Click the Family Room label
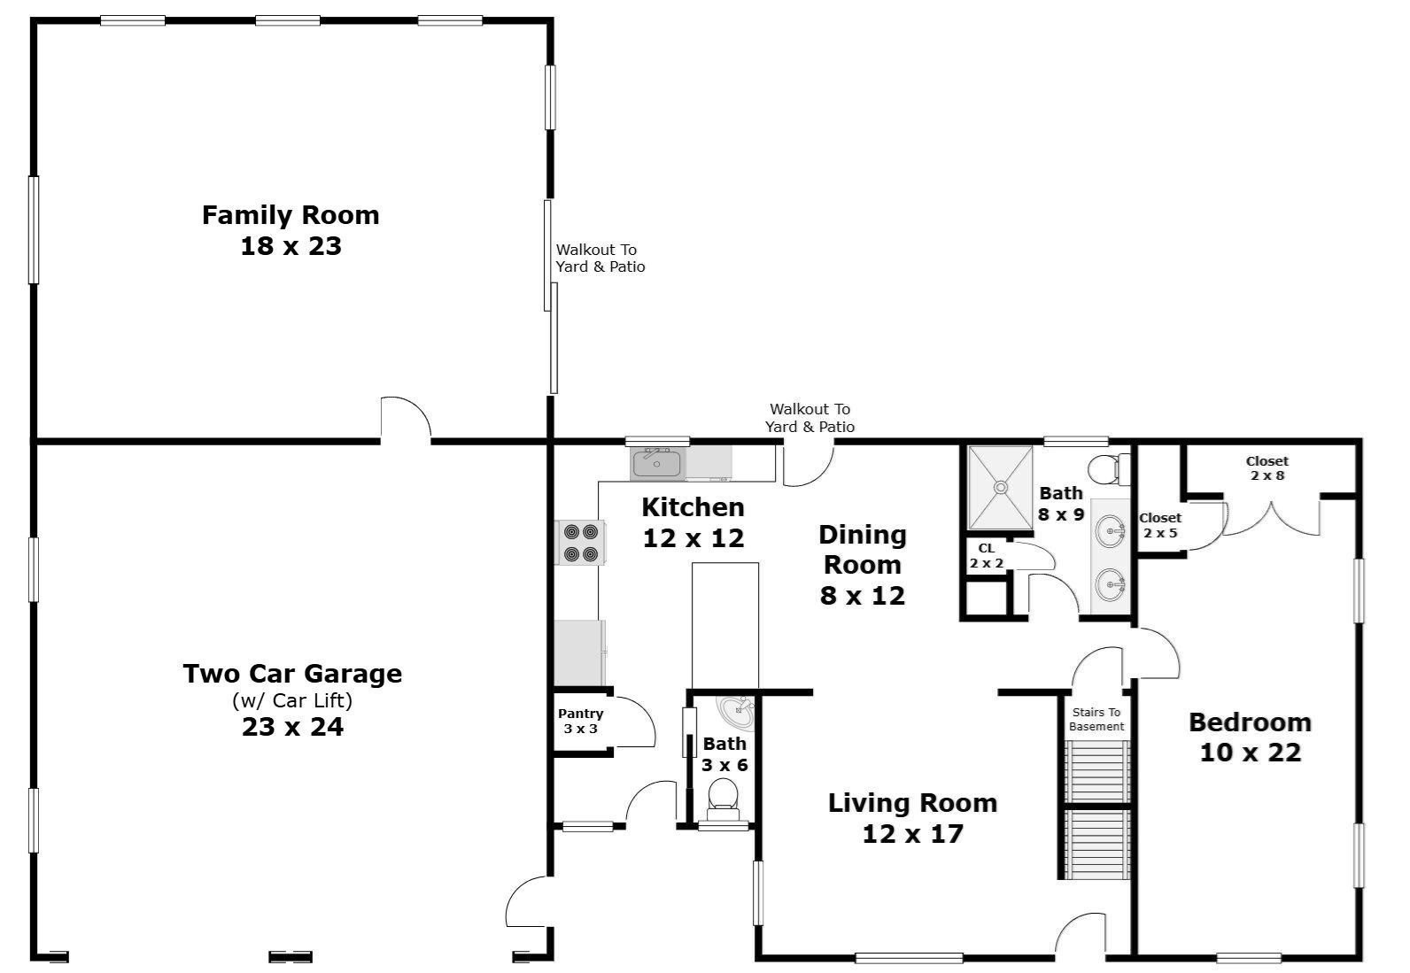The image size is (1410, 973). (291, 215)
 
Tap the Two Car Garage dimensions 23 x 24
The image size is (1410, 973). (292, 727)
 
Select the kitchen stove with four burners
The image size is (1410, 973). (580, 543)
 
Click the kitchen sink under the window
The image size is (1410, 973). (656, 463)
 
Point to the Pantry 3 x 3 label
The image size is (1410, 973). (581, 721)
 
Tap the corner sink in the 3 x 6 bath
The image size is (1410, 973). (735, 711)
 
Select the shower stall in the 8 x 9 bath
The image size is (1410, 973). (1000, 488)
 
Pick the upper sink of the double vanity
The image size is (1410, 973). (1111, 531)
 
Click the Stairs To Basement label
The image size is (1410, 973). (1096, 719)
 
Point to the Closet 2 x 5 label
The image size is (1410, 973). (1160, 525)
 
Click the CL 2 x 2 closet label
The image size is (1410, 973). (987, 555)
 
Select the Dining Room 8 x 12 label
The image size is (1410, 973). (863, 564)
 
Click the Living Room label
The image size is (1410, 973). (912, 803)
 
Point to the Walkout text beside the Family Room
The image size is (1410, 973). (600, 258)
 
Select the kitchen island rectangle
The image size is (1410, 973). (724, 625)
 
